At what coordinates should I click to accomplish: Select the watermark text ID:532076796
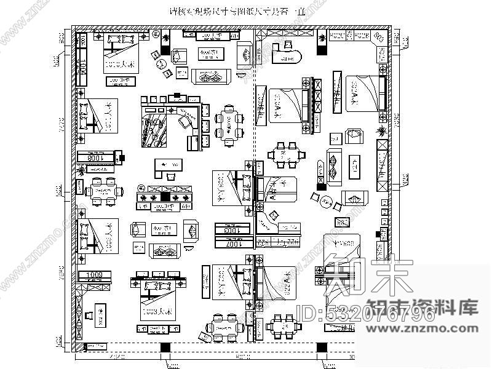pyautogui.click(x=366, y=315)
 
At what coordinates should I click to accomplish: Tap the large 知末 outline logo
pyautogui.click(x=369, y=277)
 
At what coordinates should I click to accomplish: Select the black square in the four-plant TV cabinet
pyautogui.click(x=165, y=197)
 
